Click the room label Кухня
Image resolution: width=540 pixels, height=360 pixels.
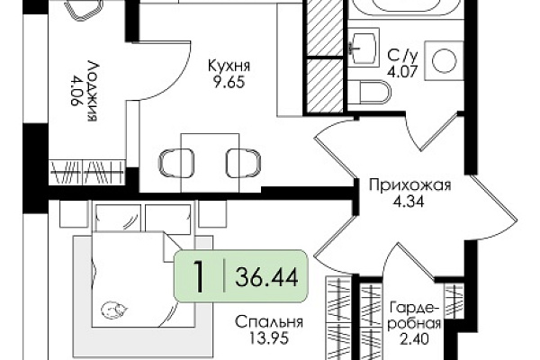coord(229,66)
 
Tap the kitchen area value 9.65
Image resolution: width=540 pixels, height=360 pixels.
coord(229,82)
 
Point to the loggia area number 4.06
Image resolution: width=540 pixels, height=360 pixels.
coord(76,91)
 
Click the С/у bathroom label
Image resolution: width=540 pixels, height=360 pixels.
coord(402,55)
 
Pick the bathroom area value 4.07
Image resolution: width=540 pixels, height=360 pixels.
coord(402,72)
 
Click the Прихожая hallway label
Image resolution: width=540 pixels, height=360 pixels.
coord(409,185)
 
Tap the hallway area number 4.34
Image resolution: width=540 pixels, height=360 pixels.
coord(409,202)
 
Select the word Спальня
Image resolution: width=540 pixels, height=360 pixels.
coord(269,322)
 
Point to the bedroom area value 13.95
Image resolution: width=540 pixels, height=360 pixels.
coord(268,338)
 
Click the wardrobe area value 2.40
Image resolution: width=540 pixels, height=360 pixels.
coord(414,339)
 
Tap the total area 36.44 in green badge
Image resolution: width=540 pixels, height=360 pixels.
coord(266,278)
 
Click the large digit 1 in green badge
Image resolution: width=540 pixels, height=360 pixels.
coord(199,277)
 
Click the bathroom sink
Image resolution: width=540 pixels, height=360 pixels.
coord(364,48)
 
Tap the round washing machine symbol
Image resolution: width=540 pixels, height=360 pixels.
coord(444,60)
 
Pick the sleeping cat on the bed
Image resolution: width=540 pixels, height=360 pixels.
coord(114,310)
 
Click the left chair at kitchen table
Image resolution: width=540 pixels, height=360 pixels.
coord(176,163)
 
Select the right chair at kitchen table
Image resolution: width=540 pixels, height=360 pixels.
coord(244,163)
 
